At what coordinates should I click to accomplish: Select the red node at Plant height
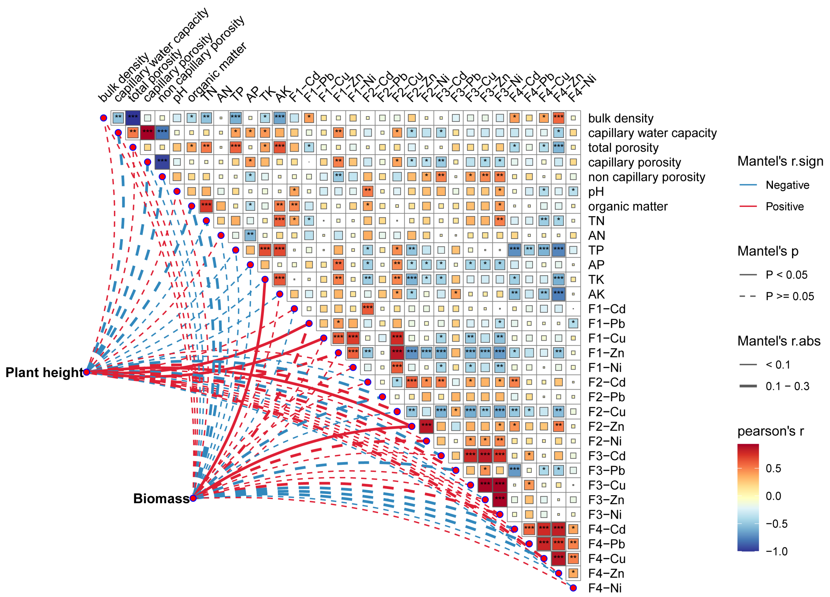pos(87,372)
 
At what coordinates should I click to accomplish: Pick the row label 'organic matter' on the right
pos(628,206)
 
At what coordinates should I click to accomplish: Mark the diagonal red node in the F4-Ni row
pos(573,588)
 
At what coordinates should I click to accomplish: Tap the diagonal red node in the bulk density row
pos(104,118)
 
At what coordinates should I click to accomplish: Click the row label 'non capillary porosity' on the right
pos(646,177)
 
